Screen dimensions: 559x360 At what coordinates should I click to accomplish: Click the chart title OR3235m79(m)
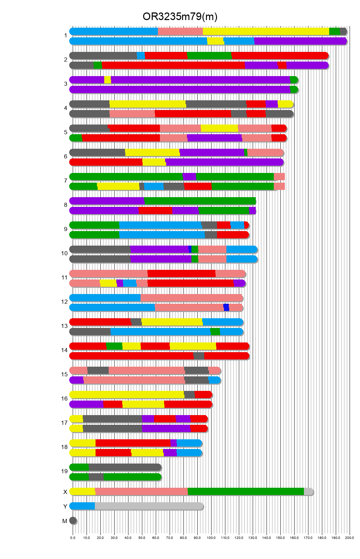tap(180, 17)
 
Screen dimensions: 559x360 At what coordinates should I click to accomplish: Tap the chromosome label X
tap(65, 492)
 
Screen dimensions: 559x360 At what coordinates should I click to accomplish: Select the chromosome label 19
tap(64, 471)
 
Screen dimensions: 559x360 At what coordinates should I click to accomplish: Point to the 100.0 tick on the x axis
tap(211, 538)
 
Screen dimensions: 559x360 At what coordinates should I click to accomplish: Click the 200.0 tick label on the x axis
tap(350, 538)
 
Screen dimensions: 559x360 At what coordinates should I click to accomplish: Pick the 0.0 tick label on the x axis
tap(73, 538)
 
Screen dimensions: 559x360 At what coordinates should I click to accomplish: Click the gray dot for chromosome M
tap(73, 521)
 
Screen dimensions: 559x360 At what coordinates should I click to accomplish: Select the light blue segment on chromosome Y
tap(82, 506)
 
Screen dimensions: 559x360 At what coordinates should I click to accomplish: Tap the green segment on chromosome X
tap(246, 492)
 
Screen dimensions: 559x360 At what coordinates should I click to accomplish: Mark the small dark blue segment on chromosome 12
tap(226, 308)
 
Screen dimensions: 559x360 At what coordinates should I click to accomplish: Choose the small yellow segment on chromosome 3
tap(108, 80)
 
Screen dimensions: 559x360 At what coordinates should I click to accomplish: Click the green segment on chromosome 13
tap(215, 332)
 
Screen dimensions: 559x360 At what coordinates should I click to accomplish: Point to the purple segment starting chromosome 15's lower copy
tap(76, 380)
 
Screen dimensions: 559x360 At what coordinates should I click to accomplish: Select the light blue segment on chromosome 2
tap(141, 56)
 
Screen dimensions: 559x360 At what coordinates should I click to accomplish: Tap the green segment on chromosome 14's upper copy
tap(114, 346)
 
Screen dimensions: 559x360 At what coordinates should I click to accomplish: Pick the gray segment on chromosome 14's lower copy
tap(199, 356)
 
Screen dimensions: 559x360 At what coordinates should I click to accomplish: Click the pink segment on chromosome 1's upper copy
tap(180, 31)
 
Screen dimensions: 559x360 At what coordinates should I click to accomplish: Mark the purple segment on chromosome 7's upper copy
tap(189, 177)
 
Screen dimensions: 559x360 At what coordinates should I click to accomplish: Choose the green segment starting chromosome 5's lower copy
tap(76, 138)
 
